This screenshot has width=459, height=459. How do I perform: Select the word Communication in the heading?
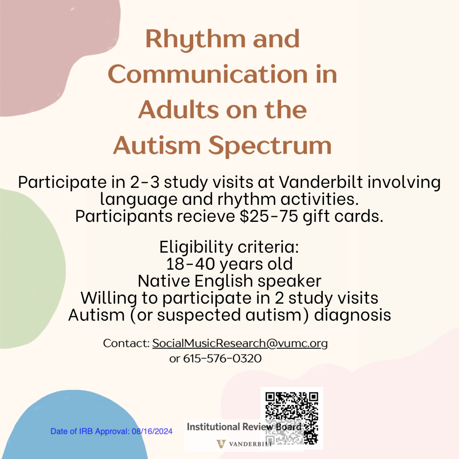point(208,74)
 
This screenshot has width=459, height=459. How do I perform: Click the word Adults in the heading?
point(178,110)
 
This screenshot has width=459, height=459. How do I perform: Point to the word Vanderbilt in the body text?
point(321,182)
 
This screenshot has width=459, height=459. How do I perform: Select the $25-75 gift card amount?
point(269,217)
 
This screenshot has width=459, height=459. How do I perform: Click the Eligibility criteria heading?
point(229,247)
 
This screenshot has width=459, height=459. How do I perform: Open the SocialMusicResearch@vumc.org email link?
point(240,343)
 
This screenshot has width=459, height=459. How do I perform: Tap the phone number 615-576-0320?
point(222,359)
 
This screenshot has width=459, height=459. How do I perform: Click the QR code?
point(292,418)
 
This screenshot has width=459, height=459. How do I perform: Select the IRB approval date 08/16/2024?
point(152,431)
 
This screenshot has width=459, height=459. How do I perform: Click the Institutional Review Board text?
point(244,427)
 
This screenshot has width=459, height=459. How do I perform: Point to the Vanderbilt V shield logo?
point(221,444)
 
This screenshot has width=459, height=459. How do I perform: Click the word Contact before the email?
point(126,343)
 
